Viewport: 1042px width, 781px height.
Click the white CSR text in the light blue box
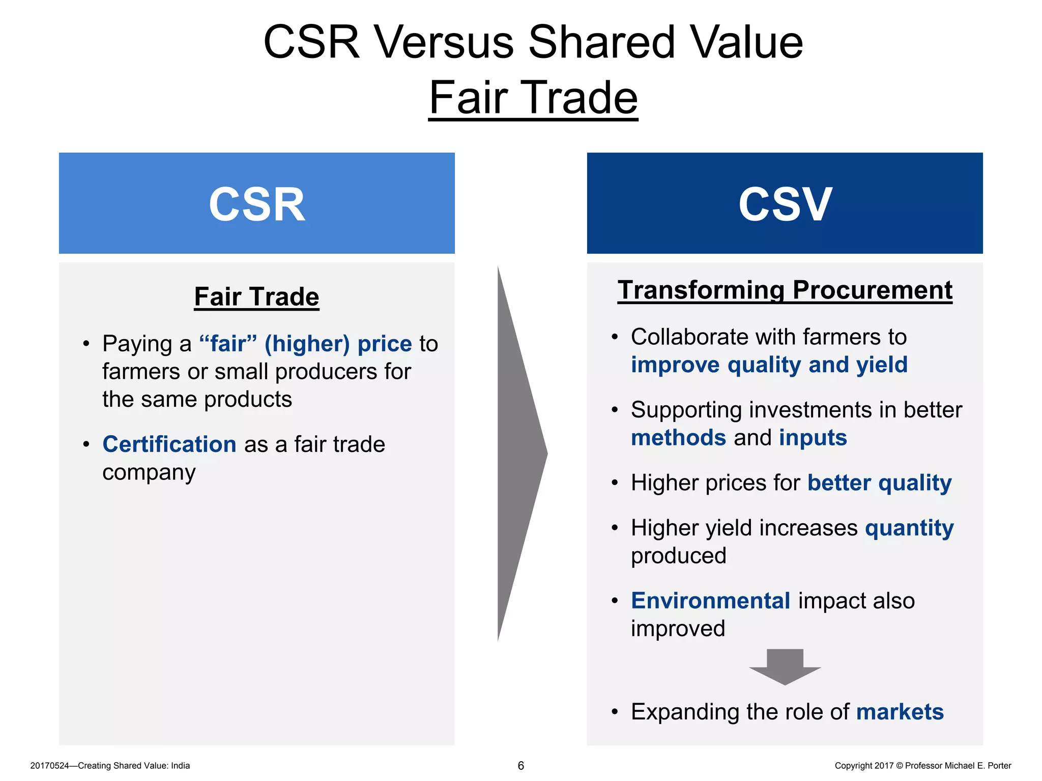pyautogui.click(x=257, y=204)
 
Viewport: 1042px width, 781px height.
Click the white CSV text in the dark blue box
pyautogui.click(x=785, y=204)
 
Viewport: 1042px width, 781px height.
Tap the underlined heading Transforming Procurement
pyautogui.click(x=785, y=290)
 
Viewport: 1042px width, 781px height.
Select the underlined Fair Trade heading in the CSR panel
pyautogui.click(x=256, y=297)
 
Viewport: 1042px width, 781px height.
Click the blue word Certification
pyautogui.click(x=169, y=444)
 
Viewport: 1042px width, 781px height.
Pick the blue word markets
pyautogui.click(x=900, y=712)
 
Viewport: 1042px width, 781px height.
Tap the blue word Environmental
pyautogui.click(x=710, y=601)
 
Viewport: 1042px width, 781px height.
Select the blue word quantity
pyautogui.click(x=909, y=528)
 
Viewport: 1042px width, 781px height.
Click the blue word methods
pyautogui.click(x=678, y=438)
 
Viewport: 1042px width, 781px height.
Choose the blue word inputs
pyautogui.click(x=813, y=438)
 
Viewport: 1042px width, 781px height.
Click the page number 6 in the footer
pyautogui.click(x=520, y=766)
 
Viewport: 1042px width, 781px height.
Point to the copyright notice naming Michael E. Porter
pyautogui.click(x=922, y=766)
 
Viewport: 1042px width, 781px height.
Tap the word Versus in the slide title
pyautogui.click(x=443, y=43)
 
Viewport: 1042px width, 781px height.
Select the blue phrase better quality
pyautogui.click(x=879, y=483)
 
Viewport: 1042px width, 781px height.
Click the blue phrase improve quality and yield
pyautogui.click(x=769, y=365)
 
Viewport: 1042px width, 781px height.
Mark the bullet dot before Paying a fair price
pyautogui.click(x=86, y=344)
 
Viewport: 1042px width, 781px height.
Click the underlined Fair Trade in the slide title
pyautogui.click(x=533, y=98)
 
